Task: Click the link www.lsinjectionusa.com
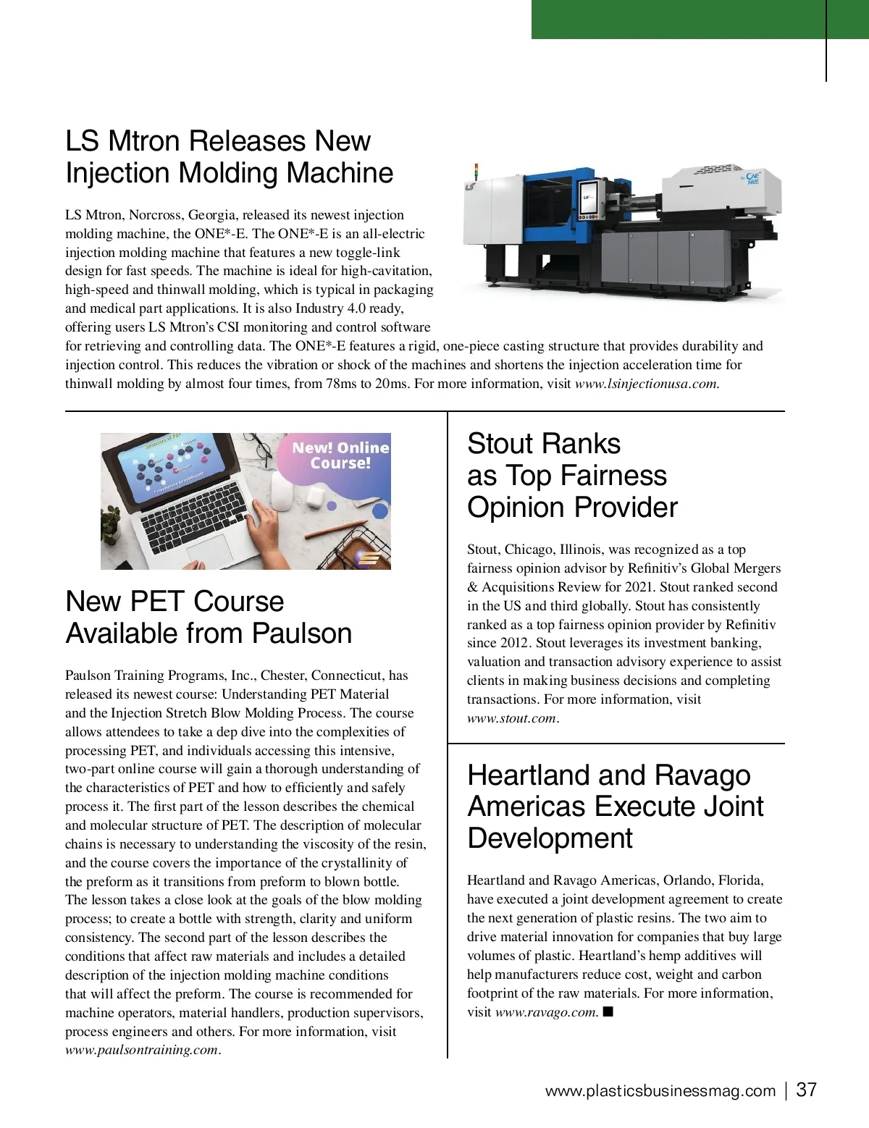pos(647,384)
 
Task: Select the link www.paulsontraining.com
pos(142,1050)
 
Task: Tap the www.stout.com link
pos(512,718)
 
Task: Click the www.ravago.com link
pos(546,1012)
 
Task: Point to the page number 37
pos(807,1090)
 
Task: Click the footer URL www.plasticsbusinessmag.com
pos(660,1091)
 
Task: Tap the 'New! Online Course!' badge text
pos(340,455)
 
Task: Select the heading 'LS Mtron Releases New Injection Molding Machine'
pos(229,156)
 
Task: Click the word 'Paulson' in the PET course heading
pos(301,633)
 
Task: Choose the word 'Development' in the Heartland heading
pos(550,838)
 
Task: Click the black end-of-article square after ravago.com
pos(608,1011)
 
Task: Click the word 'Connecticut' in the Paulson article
pos(347,675)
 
